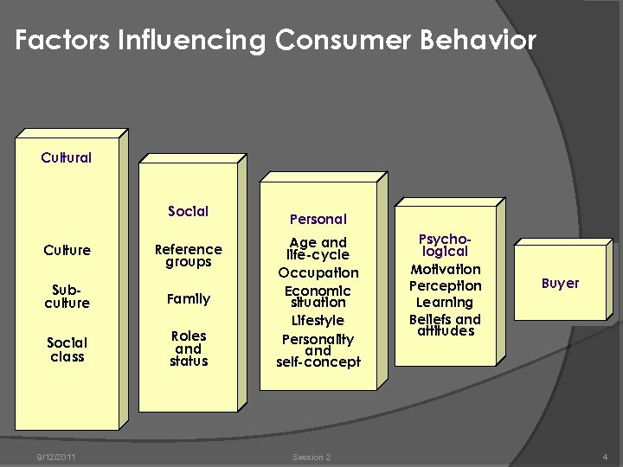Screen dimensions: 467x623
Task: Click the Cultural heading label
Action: pyautogui.click(x=67, y=158)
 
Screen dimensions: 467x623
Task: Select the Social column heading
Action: pyautogui.click(x=188, y=211)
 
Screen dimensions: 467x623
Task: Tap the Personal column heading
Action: pyautogui.click(x=318, y=220)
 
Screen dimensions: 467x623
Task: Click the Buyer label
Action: pyautogui.click(x=560, y=283)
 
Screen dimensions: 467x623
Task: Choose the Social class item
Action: pyautogui.click(x=67, y=349)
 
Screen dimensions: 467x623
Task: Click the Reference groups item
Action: pyautogui.click(x=188, y=255)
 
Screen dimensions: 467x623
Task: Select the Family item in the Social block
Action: pyautogui.click(x=189, y=299)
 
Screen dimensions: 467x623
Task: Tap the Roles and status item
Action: pyautogui.click(x=189, y=349)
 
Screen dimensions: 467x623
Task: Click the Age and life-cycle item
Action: pyautogui.click(x=318, y=249)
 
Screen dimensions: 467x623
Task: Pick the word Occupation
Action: pyautogui.click(x=318, y=272)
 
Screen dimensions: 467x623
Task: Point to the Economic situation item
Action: pyautogui.click(x=318, y=297)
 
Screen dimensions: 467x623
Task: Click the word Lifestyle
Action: pyautogui.click(x=318, y=321)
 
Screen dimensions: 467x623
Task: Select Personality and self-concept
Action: pyautogui.click(x=318, y=350)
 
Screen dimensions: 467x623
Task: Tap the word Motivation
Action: pyautogui.click(x=445, y=269)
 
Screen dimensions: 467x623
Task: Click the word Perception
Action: pyautogui.click(x=445, y=285)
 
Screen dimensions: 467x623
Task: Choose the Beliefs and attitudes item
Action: pyautogui.click(x=445, y=325)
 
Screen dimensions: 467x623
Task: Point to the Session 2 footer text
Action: pyautogui.click(x=311, y=457)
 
